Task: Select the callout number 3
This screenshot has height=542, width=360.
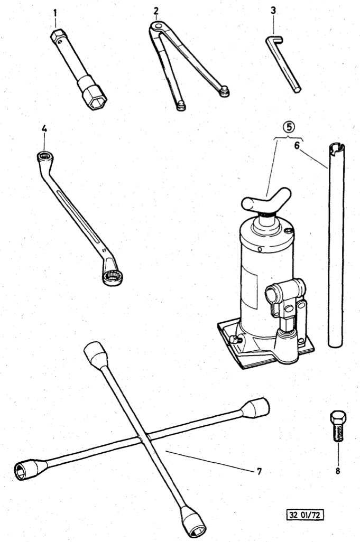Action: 273,10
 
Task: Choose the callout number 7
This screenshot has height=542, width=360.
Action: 259,471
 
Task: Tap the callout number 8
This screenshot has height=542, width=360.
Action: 337,471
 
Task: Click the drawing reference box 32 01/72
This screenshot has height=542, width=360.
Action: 305,514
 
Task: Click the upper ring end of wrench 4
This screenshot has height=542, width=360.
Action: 44,156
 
